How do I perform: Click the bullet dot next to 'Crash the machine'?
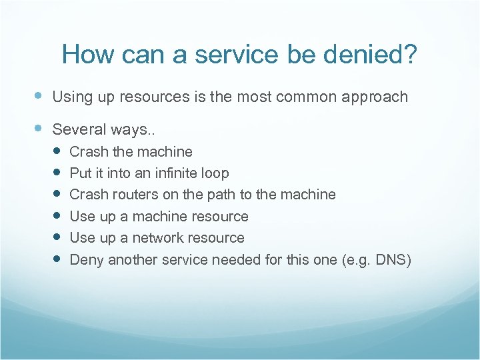[59, 151]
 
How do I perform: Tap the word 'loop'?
[216, 173]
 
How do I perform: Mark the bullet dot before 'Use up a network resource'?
[59, 237]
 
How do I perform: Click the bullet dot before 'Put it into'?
[59, 173]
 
